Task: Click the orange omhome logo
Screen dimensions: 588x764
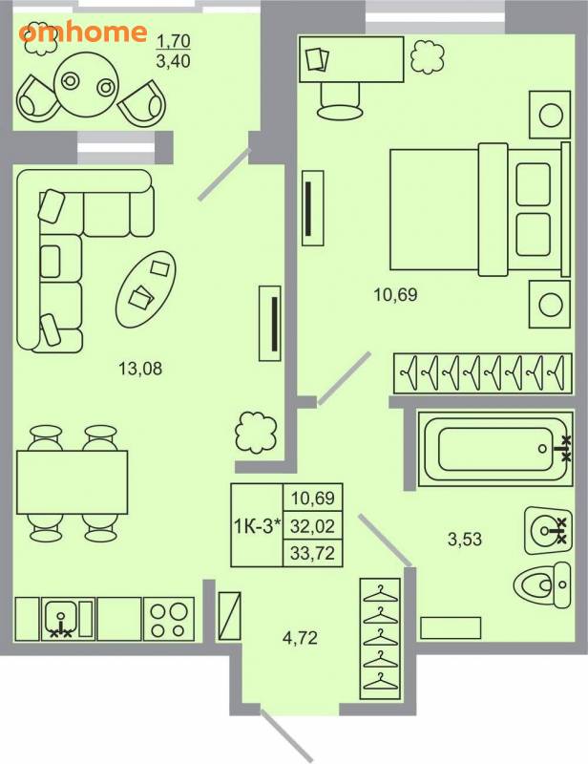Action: (83, 32)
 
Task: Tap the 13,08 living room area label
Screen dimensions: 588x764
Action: (140, 369)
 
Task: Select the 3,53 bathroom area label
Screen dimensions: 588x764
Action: (465, 540)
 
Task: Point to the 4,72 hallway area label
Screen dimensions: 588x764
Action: (300, 638)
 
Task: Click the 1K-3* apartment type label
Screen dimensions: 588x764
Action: (257, 526)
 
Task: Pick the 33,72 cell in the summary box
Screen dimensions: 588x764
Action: (313, 554)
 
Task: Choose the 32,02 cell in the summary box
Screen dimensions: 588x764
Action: (313, 526)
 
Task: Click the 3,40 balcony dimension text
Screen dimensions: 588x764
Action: (173, 62)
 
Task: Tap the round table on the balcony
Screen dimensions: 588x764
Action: (87, 85)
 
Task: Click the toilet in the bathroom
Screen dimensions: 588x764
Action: (543, 584)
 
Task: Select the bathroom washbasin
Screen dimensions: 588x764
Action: (548, 530)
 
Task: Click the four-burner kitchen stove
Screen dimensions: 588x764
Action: (169, 619)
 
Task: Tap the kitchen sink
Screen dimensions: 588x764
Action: (60, 619)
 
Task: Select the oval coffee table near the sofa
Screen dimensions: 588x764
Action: (145, 289)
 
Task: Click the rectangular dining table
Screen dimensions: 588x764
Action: (73, 482)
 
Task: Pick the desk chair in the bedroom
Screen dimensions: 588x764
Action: (340, 101)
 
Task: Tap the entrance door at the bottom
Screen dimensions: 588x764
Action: (286, 736)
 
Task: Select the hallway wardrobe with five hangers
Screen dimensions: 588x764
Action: (380, 632)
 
